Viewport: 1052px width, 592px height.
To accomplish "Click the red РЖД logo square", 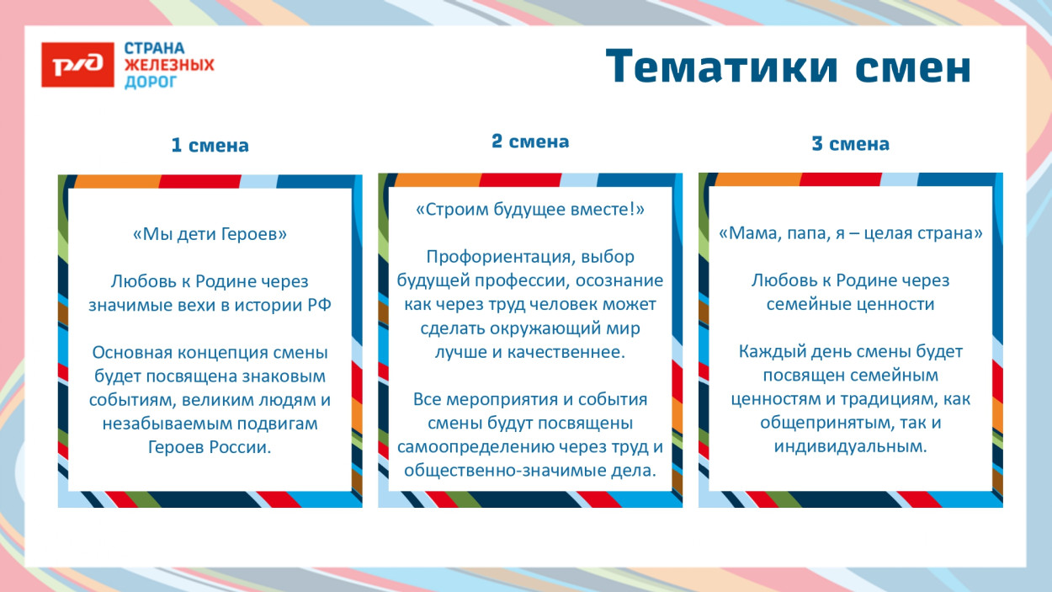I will [77, 64].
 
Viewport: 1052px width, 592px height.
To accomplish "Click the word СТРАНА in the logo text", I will [155, 48].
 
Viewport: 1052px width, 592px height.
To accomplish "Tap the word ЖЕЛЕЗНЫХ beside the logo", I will [169, 65].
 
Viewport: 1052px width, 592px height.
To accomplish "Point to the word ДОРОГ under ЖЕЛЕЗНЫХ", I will [151, 82].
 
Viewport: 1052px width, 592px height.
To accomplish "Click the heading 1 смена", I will [210, 146].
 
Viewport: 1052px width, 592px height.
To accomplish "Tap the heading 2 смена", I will [530, 141].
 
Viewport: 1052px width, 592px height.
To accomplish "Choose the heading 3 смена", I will [850, 144].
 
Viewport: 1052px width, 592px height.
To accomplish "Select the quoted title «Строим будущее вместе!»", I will [530, 210].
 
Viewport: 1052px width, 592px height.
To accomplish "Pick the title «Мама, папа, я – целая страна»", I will [850, 233].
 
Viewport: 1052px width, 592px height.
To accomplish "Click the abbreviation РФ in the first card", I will [316, 305].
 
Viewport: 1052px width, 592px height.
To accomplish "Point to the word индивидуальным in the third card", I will [850, 446].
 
